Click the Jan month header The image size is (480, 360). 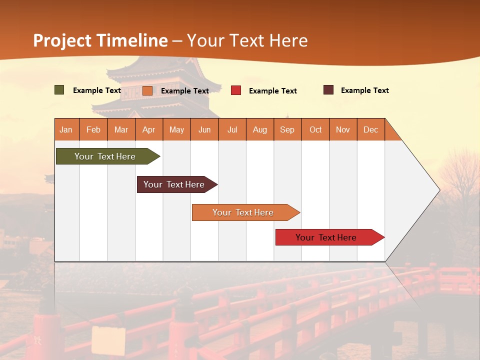click(x=66, y=129)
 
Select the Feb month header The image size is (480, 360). click(x=93, y=129)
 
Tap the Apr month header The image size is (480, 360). click(x=149, y=129)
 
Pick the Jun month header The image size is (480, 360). click(x=204, y=129)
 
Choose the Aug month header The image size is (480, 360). click(x=260, y=129)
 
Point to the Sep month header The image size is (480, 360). click(x=287, y=129)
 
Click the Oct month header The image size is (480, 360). click(x=315, y=129)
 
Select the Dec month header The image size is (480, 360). click(x=371, y=129)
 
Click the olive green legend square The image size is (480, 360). click(x=59, y=90)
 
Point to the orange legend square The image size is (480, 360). click(x=147, y=90)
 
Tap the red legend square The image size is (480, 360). click(x=236, y=90)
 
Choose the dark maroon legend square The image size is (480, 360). click(x=328, y=90)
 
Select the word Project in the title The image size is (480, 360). click(x=62, y=40)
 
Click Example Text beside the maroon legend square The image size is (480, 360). click(x=364, y=90)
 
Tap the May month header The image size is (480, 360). click(x=176, y=129)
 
